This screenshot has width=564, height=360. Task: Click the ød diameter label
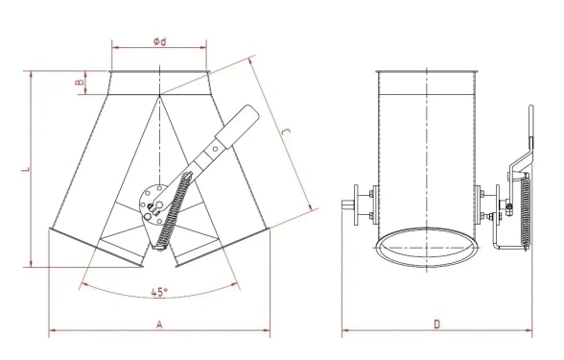(x=160, y=40)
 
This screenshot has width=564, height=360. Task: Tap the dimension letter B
(x=80, y=84)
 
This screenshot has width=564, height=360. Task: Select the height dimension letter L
(x=25, y=169)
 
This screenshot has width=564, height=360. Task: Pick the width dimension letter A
(x=159, y=325)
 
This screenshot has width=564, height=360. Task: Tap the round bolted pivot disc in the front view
(x=151, y=203)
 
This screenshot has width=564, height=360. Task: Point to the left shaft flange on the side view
(x=359, y=203)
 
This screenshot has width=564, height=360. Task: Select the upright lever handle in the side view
(x=527, y=134)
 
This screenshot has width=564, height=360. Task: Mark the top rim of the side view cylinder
(x=427, y=72)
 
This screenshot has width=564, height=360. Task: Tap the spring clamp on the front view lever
(x=217, y=150)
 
